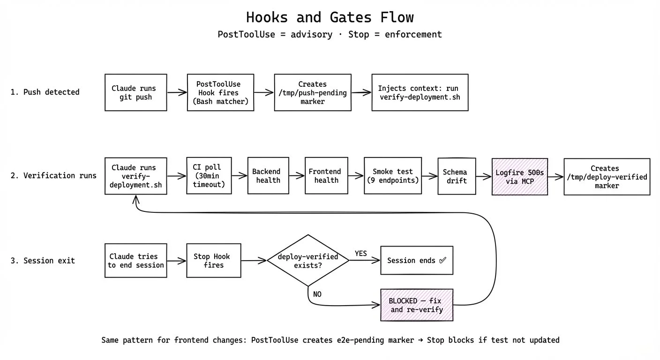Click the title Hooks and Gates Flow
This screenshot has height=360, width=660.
click(330, 18)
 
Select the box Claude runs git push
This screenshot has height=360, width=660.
click(135, 92)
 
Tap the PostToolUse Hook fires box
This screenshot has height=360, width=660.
click(220, 92)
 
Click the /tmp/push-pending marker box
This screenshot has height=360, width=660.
click(312, 92)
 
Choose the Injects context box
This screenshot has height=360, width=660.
click(420, 92)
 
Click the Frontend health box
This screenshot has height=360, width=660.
click(326, 176)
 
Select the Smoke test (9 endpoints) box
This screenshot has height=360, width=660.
click(396, 176)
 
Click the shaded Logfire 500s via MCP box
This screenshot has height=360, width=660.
click(519, 176)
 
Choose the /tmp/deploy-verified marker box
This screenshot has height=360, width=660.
click(607, 176)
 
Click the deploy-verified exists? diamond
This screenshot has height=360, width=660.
click(307, 260)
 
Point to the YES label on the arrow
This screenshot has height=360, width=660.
click(360, 253)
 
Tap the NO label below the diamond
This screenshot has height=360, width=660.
click(317, 294)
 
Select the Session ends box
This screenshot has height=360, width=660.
click(416, 260)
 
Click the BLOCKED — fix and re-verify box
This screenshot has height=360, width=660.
click(416, 305)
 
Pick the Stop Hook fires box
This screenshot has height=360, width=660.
click(213, 261)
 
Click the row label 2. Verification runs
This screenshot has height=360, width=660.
click(53, 176)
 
